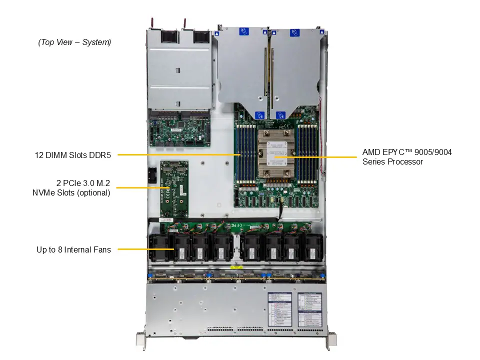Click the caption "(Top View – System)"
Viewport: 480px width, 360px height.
pyautogui.click(x=74, y=42)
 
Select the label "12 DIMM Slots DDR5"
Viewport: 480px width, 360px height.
pyautogui.click(x=73, y=155)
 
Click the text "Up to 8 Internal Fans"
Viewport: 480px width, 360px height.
pyautogui.click(x=73, y=249)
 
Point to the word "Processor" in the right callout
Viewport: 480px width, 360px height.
pyautogui.click(x=402, y=161)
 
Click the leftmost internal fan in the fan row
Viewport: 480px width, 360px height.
pyautogui.click(x=161, y=248)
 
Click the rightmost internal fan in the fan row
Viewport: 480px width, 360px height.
pyautogui.click(x=313, y=248)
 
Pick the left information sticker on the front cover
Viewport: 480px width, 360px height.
pyautogui.click(x=279, y=309)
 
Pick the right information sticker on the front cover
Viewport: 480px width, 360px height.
pyautogui.click(x=309, y=309)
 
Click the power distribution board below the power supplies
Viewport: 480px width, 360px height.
pyautogui.click(x=179, y=131)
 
